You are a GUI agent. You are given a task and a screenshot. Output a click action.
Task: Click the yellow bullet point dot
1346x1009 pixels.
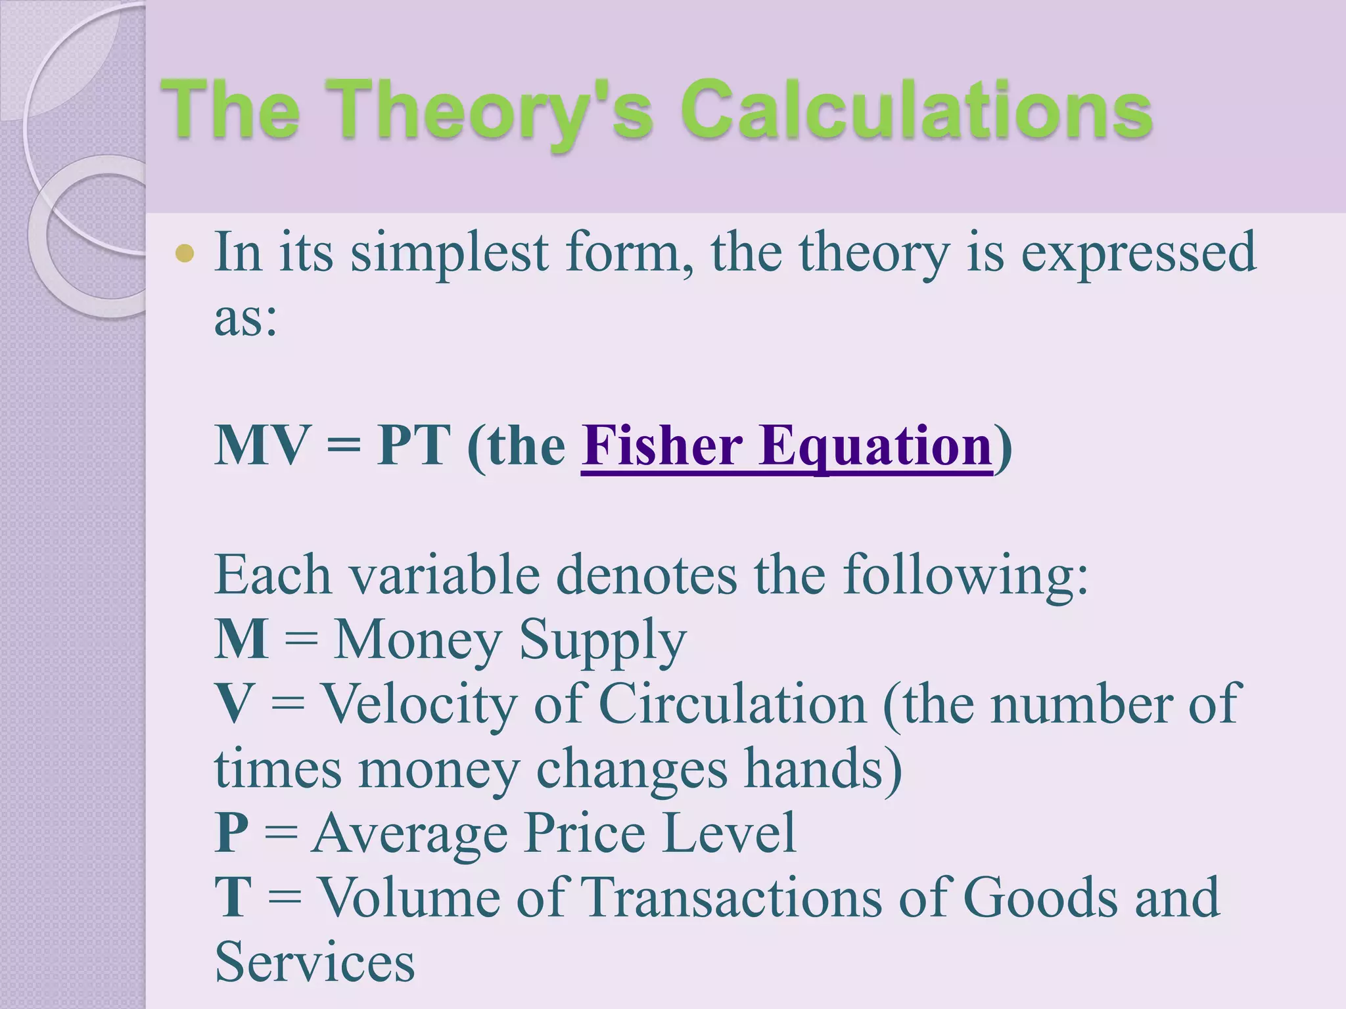coord(185,254)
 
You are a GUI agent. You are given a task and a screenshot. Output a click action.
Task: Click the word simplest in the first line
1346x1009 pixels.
coord(450,254)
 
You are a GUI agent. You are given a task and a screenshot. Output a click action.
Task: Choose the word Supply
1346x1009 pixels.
coord(603,640)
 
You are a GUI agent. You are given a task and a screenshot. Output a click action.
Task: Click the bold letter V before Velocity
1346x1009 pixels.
coord(233,704)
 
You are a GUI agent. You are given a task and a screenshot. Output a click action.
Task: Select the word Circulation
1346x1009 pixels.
coord(733,704)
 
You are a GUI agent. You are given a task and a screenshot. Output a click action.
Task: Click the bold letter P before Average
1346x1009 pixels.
coord(231,833)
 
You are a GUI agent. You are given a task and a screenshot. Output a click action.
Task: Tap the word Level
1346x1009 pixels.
coord(729,833)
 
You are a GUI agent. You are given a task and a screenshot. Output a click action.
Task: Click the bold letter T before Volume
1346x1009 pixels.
coord(233,897)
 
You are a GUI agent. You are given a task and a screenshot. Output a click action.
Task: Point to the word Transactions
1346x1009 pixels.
coord(731,897)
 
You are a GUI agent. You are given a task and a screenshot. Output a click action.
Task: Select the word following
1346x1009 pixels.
coord(965,575)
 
